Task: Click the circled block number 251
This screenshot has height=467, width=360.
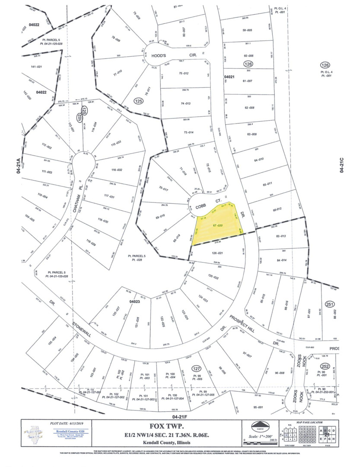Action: tap(331, 304)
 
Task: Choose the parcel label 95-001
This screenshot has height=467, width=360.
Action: tap(258, 406)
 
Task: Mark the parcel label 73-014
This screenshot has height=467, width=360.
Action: tap(188, 132)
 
